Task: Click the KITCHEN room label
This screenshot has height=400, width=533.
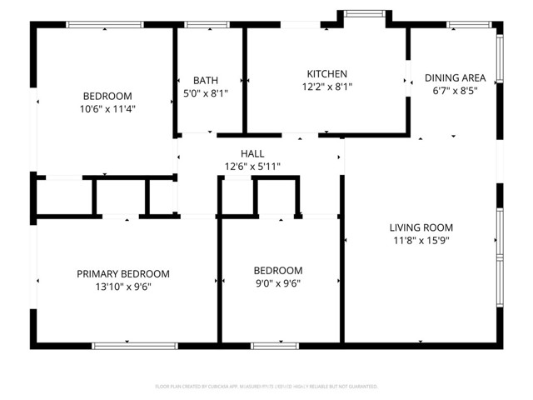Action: point(326,74)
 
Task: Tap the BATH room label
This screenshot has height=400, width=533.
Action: point(206,81)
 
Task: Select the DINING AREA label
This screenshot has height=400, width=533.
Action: point(455,78)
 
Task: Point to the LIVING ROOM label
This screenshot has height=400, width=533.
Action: point(421,227)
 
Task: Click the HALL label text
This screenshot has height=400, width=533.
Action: point(252,154)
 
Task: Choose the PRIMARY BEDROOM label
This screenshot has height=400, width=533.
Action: point(123,274)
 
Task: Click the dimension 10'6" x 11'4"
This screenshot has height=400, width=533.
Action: point(118,108)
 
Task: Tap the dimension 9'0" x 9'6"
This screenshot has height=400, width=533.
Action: point(277,283)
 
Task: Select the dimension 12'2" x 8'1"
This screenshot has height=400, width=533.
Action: point(326,87)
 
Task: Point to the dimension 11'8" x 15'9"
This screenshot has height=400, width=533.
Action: point(421,240)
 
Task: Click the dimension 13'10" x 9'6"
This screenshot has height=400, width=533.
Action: point(123,287)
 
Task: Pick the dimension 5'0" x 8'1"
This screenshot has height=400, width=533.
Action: point(206,93)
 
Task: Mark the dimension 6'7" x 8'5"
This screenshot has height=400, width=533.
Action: point(455,91)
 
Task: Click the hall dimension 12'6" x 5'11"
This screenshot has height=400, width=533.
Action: point(252,167)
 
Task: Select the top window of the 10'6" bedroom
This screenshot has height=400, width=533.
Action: point(105,25)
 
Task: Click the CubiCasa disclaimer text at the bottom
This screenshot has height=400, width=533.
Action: point(266,387)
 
